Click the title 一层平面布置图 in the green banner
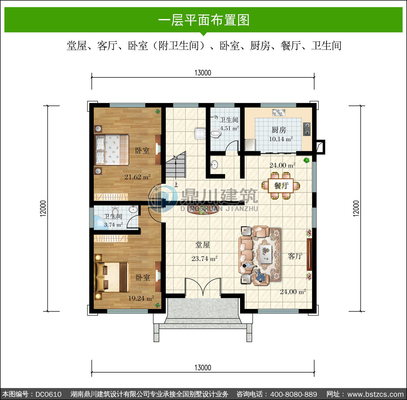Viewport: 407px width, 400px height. (x=203, y=20)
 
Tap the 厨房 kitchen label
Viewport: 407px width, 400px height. (x=279, y=130)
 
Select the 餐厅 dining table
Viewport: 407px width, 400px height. (x=281, y=186)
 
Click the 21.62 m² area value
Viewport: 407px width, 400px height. (x=138, y=177)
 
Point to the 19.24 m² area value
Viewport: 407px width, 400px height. (x=141, y=298)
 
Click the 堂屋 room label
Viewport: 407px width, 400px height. (x=203, y=245)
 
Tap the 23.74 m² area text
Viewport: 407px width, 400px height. (x=205, y=259)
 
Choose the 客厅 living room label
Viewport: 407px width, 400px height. (x=295, y=256)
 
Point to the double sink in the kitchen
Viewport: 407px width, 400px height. (x=279, y=112)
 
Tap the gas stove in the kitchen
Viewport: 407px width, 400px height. (x=307, y=129)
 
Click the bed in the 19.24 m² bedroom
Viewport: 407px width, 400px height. (x=112, y=277)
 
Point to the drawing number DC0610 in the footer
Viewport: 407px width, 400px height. (x=49, y=394)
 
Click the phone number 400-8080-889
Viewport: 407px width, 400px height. (x=294, y=394)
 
